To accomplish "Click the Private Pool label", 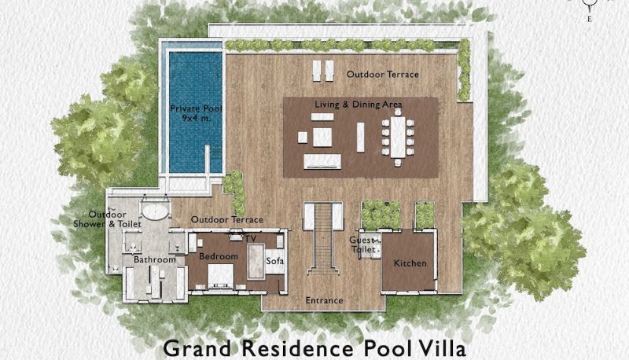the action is (196, 108).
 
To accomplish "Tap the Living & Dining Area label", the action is (359, 105).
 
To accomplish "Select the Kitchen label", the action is (410, 263).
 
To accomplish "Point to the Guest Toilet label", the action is (364, 244).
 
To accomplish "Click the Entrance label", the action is (324, 300).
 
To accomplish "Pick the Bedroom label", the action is (219, 256).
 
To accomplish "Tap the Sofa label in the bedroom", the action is (275, 261).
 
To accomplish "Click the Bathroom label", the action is (155, 259).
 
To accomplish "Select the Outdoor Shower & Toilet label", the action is (107, 219).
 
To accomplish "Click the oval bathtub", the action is (155, 211).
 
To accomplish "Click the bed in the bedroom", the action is (220, 276).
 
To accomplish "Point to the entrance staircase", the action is (323, 238).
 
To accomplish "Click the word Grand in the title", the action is (197, 348).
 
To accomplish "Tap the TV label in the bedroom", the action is (251, 239).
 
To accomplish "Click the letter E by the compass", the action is (589, 18).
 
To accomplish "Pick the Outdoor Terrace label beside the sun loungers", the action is (383, 74).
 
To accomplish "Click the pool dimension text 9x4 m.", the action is (196, 118).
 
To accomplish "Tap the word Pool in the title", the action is (387, 348).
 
